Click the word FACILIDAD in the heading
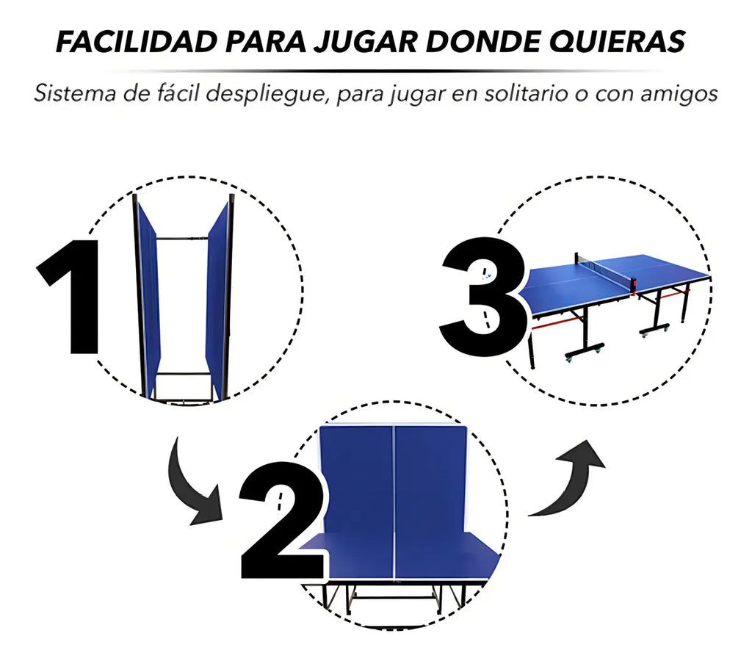click(x=137, y=41)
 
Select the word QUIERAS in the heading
click(x=617, y=42)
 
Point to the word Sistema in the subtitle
click(x=75, y=93)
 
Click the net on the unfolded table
click(x=605, y=270)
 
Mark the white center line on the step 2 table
click(x=394, y=502)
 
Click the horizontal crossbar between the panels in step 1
click(x=182, y=238)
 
